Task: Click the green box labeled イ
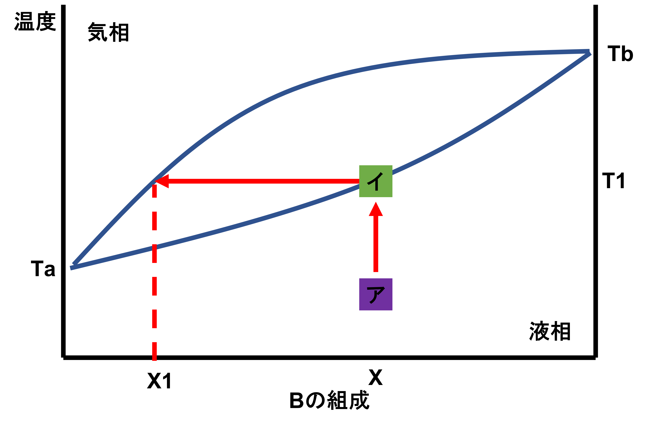376,181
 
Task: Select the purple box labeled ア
376,294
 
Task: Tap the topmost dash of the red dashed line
154,191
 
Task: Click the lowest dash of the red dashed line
154,351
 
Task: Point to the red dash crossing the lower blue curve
154,254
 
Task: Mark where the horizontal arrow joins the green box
359,181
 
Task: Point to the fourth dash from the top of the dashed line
154,286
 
